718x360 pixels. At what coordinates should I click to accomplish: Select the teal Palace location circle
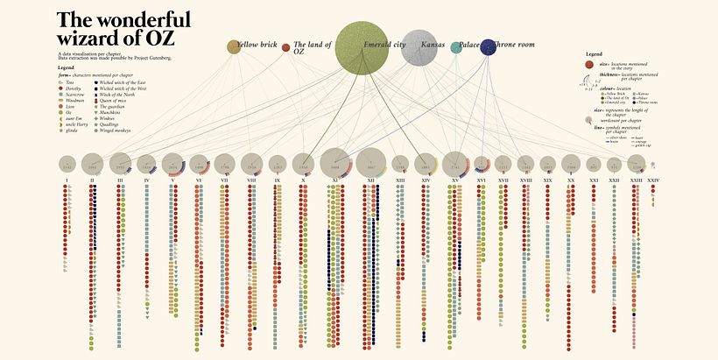(456, 47)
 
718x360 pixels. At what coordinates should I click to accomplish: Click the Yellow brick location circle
(234, 47)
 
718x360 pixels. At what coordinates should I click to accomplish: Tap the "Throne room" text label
(517, 43)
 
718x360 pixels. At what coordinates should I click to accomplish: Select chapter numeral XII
(371, 181)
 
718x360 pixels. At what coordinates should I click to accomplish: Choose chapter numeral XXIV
(653, 181)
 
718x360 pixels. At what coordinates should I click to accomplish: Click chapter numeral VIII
(251, 181)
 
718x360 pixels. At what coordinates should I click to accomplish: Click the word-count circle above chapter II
(93, 164)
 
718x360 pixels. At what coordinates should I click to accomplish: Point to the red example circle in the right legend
(592, 66)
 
